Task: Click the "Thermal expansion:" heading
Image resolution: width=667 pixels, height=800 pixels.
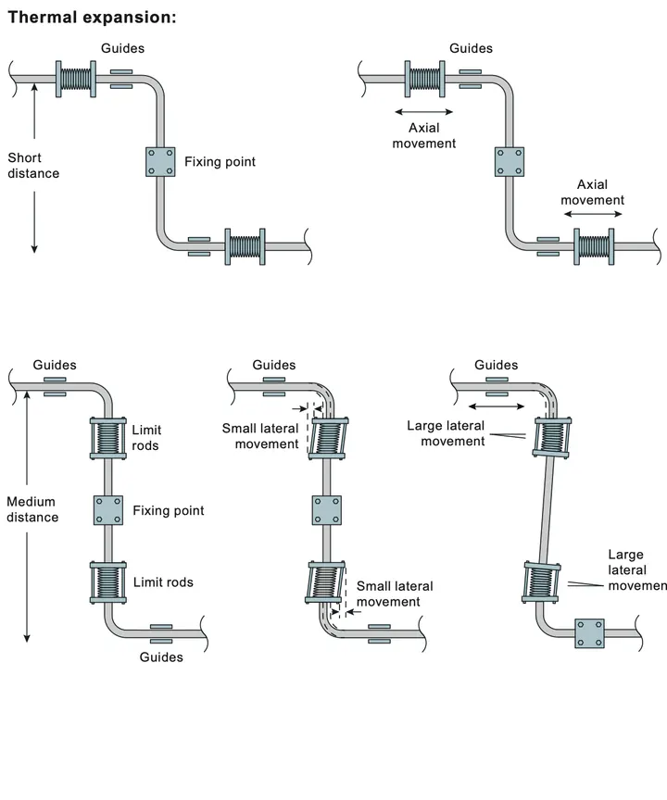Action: (x=92, y=18)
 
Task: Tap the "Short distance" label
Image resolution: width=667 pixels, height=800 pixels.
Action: (x=33, y=166)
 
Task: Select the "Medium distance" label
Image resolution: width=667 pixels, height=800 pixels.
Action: (x=32, y=509)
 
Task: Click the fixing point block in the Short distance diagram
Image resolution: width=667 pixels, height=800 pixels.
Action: (x=160, y=162)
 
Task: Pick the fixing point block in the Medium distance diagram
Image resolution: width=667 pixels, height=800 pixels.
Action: (x=108, y=510)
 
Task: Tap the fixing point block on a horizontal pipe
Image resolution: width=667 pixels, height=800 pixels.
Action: (x=589, y=633)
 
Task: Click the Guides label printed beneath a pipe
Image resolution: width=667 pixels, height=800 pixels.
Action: (x=161, y=657)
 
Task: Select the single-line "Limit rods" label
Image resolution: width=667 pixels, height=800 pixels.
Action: (x=163, y=582)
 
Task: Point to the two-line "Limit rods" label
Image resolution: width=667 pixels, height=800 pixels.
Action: (x=146, y=438)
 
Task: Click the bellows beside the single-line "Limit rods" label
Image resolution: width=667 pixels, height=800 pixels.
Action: (x=108, y=582)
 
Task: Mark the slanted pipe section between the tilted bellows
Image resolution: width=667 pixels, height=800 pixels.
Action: (x=547, y=509)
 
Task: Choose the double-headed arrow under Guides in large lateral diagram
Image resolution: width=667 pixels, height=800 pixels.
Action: (x=497, y=406)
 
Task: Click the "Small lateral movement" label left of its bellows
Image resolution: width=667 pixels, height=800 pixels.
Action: (x=260, y=436)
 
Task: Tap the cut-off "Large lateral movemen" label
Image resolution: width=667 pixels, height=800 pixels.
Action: (x=637, y=569)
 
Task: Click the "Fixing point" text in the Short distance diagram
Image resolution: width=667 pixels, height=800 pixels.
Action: (x=220, y=162)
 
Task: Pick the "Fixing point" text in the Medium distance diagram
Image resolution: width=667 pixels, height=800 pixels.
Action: (x=169, y=511)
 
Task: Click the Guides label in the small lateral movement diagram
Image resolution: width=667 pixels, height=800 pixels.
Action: (x=274, y=365)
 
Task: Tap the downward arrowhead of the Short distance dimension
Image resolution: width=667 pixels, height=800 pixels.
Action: (x=34, y=249)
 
